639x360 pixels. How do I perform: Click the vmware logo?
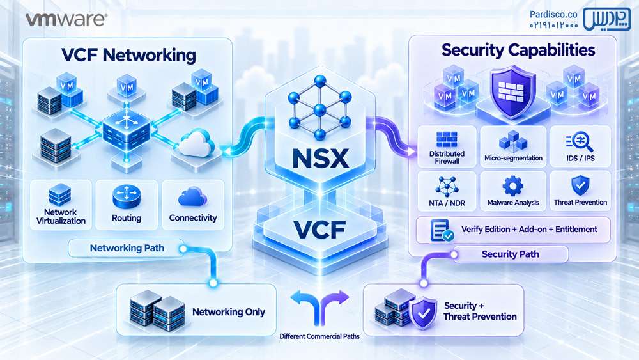(x=66, y=19)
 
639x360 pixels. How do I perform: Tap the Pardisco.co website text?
(x=553, y=14)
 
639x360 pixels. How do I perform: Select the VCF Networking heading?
(x=129, y=55)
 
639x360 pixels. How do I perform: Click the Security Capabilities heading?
(x=518, y=50)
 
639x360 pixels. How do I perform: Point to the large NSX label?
(x=321, y=158)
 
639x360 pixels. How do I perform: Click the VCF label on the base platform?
(x=320, y=230)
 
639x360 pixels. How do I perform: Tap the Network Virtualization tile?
(x=61, y=205)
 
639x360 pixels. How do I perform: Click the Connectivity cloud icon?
(x=193, y=196)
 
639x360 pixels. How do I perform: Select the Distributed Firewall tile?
(x=447, y=147)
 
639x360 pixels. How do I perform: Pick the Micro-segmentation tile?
(x=513, y=147)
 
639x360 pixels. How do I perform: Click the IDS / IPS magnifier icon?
(x=580, y=141)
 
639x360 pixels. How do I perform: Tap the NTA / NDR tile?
(x=447, y=191)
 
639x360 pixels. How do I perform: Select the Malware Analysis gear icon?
(x=512, y=186)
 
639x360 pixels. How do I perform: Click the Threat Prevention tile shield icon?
(x=580, y=185)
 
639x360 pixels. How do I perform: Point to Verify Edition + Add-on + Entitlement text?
(x=529, y=229)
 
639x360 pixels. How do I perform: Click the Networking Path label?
(x=127, y=248)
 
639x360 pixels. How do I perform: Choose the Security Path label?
(x=510, y=254)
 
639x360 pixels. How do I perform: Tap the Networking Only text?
(x=229, y=312)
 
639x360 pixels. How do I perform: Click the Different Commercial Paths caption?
(x=319, y=336)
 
